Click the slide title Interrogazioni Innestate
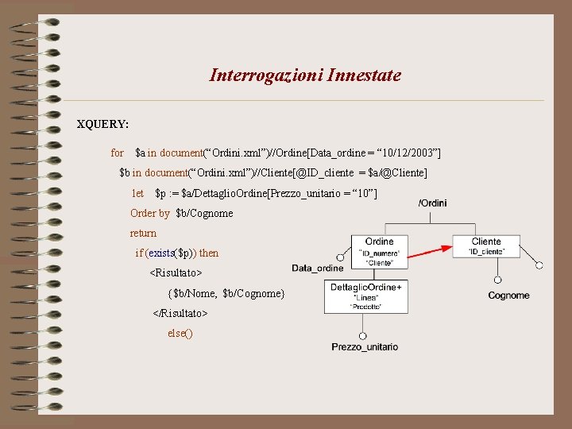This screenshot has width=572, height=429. click(x=305, y=75)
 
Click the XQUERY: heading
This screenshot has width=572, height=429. click(x=102, y=125)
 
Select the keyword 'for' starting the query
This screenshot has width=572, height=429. click(x=118, y=153)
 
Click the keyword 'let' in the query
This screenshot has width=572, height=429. click(x=137, y=193)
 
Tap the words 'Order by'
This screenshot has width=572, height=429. click(x=149, y=213)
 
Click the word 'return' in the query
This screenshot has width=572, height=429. click(x=143, y=233)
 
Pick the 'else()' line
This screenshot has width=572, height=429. click(x=180, y=334)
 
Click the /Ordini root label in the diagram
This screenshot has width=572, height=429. click(x=432, y=203)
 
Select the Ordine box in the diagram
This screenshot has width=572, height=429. click(x=380, y=251)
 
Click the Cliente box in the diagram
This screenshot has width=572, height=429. click(x=485, y=246)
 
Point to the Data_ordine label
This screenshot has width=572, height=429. click(x=318, y=269)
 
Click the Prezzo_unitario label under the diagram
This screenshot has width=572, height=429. click(x=365, y=347)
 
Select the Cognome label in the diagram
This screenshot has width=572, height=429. click(x=508, y=296)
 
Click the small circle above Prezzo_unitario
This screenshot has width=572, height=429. click(x=363, y=334)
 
